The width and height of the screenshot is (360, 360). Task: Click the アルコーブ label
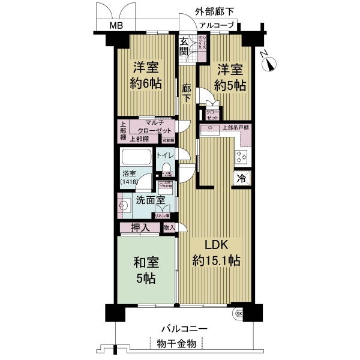click(x=217, y=25)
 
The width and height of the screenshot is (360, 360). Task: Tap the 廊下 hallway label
click(x=187, y=92)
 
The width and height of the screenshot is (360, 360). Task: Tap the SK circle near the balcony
click(x=239, y=314)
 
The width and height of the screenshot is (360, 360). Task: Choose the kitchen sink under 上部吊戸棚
click(x=244, y=139)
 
